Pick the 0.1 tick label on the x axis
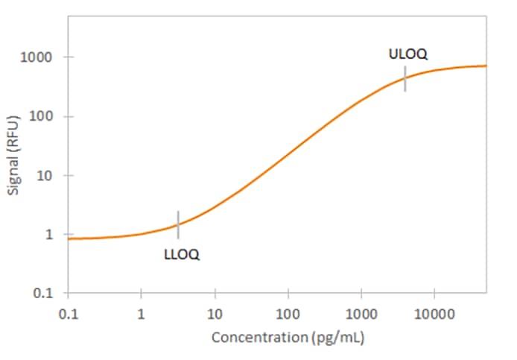pyautogui.click(x=68, y=313)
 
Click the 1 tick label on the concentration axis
pyautogui.click(x=141, y=313)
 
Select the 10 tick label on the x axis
pyautogui.click(x=215, y=313)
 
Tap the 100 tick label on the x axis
pyautogui.click(x=288, y=313)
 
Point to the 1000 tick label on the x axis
pyautogui.click(x=361, y=313)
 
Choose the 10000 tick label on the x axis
pyautogui.click(x=434, y=313)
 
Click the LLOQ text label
pyautogui.click(x=181, y=255)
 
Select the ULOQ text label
pyautogui.click(x=408, y=54)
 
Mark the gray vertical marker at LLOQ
pyautogui.click(x=178, y=224)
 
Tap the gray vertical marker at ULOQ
pyautogui.click(x=405, y=78)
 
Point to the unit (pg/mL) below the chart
pyautogui.click(x=336, y=338)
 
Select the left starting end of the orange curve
pyautogui.click(x=69, y=239)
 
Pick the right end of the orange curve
pyautogui.click(x=486, y=66)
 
